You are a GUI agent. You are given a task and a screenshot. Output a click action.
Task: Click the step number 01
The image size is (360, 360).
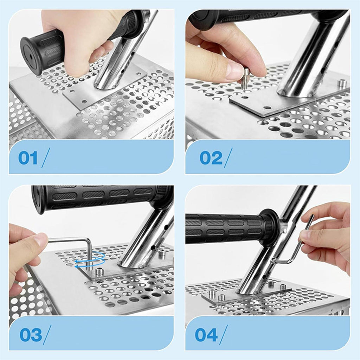click(28, 158)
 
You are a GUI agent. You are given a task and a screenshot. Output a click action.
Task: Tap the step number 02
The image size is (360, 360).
click(211, 158)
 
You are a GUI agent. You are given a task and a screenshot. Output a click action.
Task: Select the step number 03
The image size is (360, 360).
click(31, 335)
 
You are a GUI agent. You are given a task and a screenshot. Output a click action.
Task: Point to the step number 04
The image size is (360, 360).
click(206, 335)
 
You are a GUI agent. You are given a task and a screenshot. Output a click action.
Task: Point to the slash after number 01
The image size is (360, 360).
click(46, 158)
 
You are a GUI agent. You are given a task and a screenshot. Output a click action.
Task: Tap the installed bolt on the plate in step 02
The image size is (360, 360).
click(342, 84)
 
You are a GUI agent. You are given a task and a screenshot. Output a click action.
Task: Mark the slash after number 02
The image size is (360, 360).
click(227, 158)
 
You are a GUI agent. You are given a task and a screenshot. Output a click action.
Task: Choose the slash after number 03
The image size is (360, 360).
click(47, 335)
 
